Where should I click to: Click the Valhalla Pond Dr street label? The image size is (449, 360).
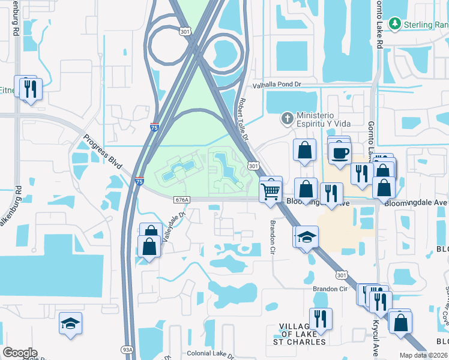click(276, 85)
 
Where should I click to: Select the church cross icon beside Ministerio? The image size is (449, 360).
click(287, 119)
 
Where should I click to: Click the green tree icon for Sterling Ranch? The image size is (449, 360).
click(394, 24)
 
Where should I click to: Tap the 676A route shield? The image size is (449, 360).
click(184, 199)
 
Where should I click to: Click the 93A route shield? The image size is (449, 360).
click(127, 350)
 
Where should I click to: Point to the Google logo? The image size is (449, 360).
click(20, 353)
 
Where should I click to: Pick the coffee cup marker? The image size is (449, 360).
click(340, 152)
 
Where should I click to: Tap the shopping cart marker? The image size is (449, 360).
click(271, 192)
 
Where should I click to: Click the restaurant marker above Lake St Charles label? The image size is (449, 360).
click(321, 319)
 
